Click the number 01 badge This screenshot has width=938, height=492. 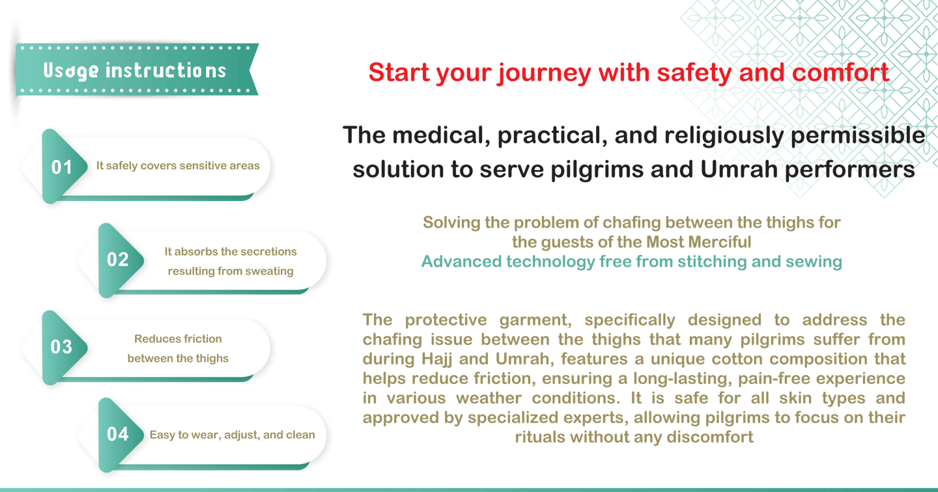(x=62, y=167)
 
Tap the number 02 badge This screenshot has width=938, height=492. (x=118, y=260)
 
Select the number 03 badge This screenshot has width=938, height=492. (x=62, y=346)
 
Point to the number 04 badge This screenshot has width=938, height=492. (x=118, y=434)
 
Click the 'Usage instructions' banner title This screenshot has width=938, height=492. (x=135, y=70)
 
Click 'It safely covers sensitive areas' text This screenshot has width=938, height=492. (x=178, y=166)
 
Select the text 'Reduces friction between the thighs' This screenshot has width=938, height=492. (x=178, y=348)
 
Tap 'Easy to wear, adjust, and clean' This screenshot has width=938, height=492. (x=233, y=435)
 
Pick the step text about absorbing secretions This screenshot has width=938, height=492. (x=231, y=261)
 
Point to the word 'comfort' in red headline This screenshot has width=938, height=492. (x=840, y=72)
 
